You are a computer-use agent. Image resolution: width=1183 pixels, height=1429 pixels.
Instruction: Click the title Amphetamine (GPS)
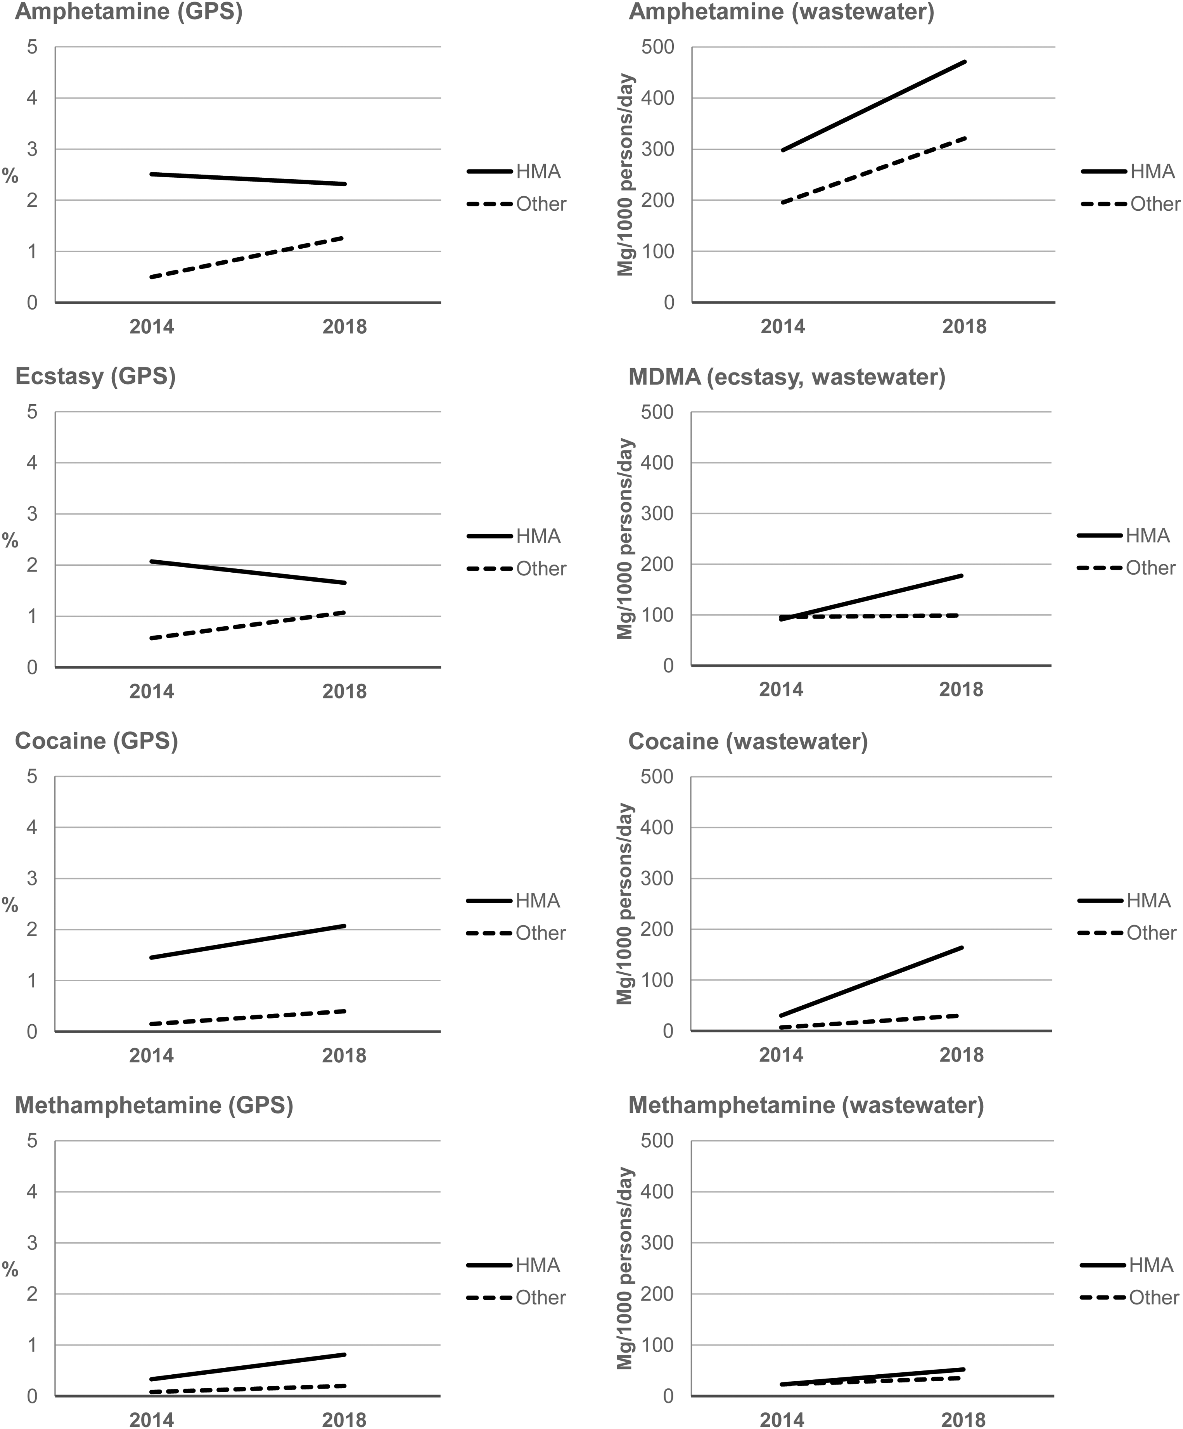point(128,12)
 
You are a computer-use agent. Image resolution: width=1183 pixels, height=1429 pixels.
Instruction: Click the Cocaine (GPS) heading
point(97,741)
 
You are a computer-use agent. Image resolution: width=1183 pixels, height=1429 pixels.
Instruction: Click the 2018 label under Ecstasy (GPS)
point(344,691)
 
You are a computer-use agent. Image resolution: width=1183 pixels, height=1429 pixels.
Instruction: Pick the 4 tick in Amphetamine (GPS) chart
point(32,98)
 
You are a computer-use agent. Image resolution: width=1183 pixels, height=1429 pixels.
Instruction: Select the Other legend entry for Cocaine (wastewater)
point(1127,933)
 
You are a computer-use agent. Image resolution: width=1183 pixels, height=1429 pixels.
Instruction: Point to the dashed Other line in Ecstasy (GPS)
point(248,625)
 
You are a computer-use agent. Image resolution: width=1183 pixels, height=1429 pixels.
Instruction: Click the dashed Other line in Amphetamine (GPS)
point(248,257)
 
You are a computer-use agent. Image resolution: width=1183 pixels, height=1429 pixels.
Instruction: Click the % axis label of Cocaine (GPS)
point(10,905)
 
